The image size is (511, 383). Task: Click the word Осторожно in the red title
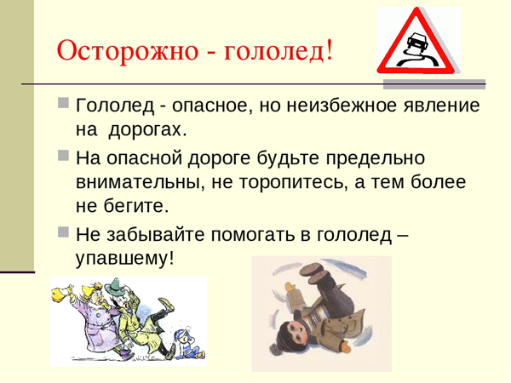[x=128, y=51]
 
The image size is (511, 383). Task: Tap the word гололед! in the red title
[x=278, y=51]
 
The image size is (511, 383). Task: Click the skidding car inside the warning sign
[x=416, y=42]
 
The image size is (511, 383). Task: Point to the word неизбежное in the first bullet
[x=342, y=106]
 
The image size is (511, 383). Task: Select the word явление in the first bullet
[x=441, y=106]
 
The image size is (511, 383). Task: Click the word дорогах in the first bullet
[x=147, y=130]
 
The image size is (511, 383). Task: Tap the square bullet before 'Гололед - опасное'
[x=64, y=102]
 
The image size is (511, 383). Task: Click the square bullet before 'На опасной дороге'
[x=64, y=155]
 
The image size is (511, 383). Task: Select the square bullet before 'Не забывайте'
[x=64, y=232]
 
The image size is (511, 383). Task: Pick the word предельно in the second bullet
[x=375, y=158]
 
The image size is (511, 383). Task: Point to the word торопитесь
[x=291, y=183]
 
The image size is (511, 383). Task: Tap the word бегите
[x=136, y=206]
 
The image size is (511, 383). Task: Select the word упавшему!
[x=125, y=260]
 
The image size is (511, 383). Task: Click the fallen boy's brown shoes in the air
[x=315, y=273]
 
